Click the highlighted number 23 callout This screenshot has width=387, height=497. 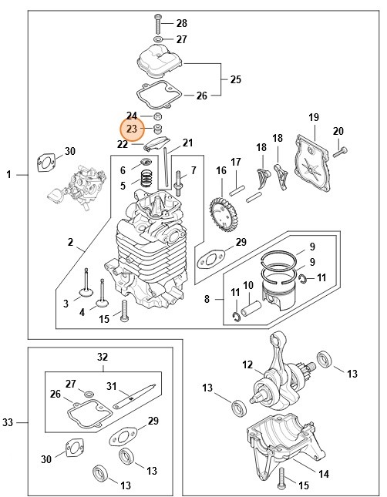pos(131,129)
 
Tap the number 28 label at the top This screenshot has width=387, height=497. pos(181,22)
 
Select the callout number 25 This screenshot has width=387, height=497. pos(236,79)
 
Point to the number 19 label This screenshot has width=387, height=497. pos(314,117)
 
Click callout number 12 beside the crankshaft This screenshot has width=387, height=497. pos(247,364)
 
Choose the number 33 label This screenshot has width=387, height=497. pos(8,422)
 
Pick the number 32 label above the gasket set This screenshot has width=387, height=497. pos(103,357)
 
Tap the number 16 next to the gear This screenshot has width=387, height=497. pos(221,170)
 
